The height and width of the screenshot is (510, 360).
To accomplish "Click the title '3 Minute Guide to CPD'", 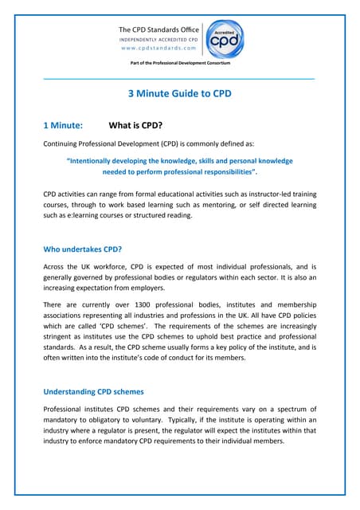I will click(x=180, y=93).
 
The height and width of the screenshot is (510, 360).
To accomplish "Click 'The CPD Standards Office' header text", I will click(x=159, y=29).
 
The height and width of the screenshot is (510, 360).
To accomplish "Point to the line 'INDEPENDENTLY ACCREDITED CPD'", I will click(x=159, y=38).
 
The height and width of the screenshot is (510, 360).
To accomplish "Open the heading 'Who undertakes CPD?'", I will click(x=82, y=249).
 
